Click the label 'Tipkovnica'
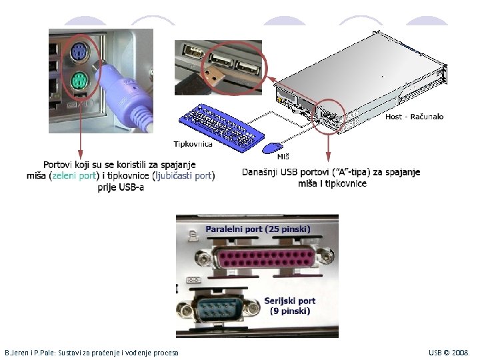[x=193, y=143]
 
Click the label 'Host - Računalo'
[x=414, y=117]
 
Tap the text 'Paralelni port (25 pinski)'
[x=257, y=229]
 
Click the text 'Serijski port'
[x=290, y=301]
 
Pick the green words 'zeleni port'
[x=74, y=176]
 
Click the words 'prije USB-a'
[x=121, y=187]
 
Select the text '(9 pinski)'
[x=290, y=311]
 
